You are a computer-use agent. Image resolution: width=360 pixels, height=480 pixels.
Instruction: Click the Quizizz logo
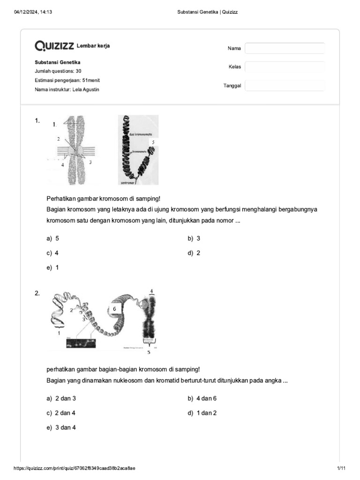coord(54,45)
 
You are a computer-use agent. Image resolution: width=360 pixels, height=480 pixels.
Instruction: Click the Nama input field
coord(285,48)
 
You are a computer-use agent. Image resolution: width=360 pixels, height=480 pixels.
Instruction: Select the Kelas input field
coord(285,67)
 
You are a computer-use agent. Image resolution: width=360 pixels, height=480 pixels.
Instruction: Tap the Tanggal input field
coord(285,85)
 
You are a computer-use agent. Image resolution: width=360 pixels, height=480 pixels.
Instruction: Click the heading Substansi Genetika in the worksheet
coord(58,62)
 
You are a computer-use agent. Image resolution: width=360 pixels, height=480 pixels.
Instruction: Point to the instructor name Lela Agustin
coord(85,90)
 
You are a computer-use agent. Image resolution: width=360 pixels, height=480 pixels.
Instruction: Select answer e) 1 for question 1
coord(53,268)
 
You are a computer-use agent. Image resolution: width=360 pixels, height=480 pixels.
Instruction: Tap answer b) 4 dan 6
coord(202,398)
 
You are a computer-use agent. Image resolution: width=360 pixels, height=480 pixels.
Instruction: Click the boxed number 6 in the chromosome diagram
coord(114,309)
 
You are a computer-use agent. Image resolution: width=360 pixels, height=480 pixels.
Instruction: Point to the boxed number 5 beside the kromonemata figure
coord(152,142)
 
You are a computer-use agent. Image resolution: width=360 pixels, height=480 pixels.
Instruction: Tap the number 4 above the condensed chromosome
coord(151,292)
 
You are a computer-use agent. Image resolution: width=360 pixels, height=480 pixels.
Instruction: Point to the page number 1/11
coord(341,468)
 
